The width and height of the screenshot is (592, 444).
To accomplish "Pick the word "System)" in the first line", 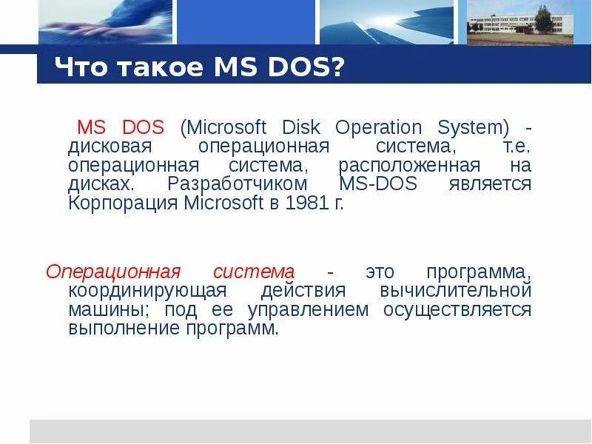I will (x=469, y=127).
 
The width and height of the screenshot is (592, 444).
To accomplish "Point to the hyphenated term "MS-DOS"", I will (x=377, y=184).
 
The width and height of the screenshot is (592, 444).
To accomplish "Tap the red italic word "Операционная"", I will (x=113, y=272).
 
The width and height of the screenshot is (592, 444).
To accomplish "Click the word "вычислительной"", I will (x=456, y=291).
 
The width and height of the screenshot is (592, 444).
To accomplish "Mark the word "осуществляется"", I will (x=457, y=309).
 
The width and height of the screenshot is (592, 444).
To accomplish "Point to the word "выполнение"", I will (x=115, y=329).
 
